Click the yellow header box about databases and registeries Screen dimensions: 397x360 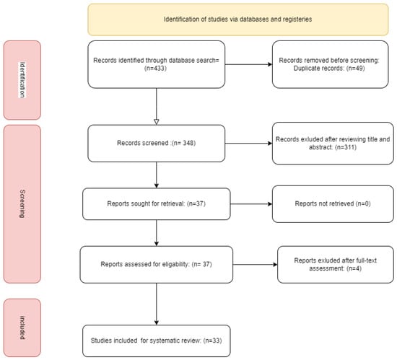238,19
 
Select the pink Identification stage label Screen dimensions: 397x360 22,80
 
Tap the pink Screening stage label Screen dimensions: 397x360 22,204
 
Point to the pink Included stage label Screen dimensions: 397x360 22,328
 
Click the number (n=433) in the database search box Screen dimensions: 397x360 155,69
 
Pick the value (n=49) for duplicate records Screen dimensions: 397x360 355,69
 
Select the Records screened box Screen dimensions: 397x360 157,143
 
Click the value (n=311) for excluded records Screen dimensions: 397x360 346,147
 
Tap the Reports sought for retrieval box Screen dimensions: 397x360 157,204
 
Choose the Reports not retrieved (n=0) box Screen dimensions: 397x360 333,204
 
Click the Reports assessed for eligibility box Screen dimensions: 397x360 157,264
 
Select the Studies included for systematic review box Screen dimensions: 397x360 157,341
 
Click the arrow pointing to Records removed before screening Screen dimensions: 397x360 248,64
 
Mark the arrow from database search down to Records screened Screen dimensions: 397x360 157,107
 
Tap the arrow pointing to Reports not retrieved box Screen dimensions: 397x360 251,204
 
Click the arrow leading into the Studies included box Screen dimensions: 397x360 157,304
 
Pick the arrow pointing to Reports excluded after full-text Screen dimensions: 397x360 256,265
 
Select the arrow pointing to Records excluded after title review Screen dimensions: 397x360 248,144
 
